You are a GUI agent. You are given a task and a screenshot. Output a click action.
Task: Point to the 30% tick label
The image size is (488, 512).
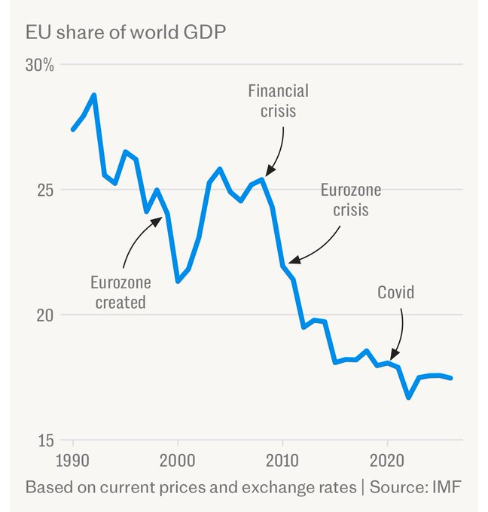(x=40, y=65)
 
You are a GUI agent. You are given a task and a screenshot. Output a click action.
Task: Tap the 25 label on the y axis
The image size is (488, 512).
(x=45, y=190)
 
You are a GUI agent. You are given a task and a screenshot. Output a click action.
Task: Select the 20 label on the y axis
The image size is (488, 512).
(x=45, y=315)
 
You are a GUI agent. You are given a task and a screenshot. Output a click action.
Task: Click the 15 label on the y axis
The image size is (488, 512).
(x=45, y=440)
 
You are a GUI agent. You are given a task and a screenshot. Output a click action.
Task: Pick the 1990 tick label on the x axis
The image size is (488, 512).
(x=74, y=459)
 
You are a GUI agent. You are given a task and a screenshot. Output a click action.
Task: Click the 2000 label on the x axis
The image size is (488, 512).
(x=178, y=459)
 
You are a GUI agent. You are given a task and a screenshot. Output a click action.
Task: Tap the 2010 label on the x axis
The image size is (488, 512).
(x=282, y=459)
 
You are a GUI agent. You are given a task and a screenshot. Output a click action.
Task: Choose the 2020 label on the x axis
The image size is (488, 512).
(x=387, y=459)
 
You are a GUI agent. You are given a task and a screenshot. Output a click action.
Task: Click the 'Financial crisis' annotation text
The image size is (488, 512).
(x=278, y=101)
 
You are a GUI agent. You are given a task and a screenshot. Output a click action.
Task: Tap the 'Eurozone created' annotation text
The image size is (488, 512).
(x=120, y=292)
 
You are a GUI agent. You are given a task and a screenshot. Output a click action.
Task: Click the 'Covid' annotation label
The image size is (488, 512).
(x=396, y=291)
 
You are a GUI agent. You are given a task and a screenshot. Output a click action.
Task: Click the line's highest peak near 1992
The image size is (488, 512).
(x=94, y=95)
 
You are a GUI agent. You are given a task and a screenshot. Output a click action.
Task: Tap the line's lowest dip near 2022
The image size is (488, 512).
(x=408, y=397)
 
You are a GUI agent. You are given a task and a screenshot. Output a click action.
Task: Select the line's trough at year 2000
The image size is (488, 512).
(x=178, y=281)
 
